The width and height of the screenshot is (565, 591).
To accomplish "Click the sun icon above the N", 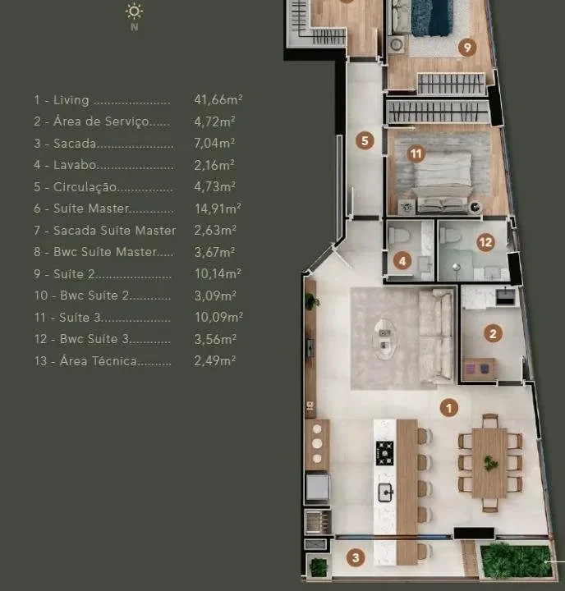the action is (134, 11).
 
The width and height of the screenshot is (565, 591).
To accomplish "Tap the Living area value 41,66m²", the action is (218, 100).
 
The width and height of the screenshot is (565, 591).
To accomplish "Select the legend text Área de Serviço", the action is (101, 121).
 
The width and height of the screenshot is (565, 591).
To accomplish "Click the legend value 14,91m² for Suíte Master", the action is (218, 208).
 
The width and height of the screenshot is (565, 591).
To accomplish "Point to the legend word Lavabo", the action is (75, 165).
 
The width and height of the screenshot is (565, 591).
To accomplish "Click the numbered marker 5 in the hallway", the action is (365, 140).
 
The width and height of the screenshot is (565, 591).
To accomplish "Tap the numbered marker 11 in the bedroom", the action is (416, 153).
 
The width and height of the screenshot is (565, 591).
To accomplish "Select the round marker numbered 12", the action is (485, 242).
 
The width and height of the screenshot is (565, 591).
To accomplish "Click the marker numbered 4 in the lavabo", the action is (402, 261).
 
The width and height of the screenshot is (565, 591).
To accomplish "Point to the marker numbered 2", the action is (493, 333).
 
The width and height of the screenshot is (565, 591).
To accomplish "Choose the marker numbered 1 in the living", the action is (449, 408).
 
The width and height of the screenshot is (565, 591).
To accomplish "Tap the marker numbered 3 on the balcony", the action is (356, 557).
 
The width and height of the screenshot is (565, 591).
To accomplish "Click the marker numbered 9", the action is (467, 48).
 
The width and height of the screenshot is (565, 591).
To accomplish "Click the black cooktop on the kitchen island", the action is (384, 453).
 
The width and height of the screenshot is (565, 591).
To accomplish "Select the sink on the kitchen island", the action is (385, 492).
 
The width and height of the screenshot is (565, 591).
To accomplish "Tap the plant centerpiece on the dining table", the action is (489, 462).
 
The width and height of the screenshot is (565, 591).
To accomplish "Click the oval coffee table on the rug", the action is (384, 339).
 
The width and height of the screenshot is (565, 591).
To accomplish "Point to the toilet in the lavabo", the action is (398, 236).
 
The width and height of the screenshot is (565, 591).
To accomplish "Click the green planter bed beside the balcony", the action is (515, 560).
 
